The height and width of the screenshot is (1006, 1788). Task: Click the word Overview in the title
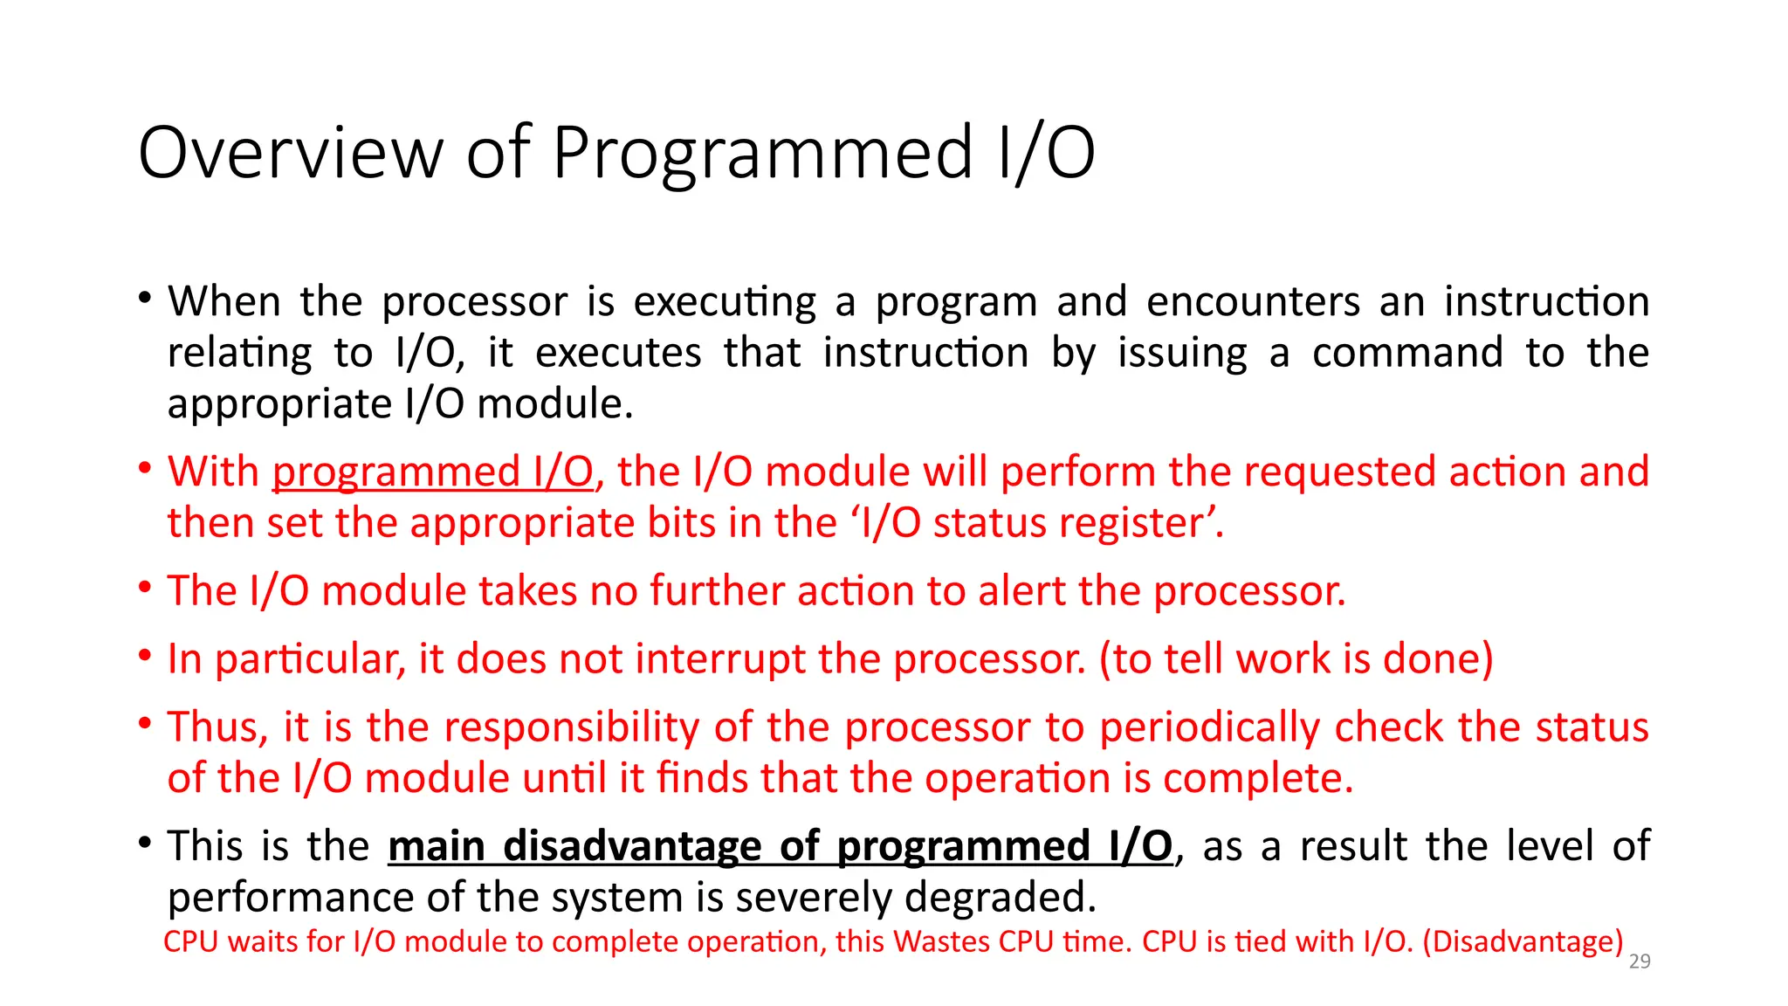coord(291,153)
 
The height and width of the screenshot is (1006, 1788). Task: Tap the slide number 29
coord(1640,961)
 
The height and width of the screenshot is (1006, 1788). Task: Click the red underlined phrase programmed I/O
coord(433,472)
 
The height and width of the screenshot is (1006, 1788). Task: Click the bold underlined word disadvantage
coord(632,846)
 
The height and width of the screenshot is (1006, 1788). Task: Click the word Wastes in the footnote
coord(942,941)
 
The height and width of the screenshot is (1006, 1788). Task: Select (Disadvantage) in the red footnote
coord(1523,942)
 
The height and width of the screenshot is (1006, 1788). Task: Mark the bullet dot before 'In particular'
coord(145,655)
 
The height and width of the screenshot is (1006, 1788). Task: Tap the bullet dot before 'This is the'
coord(145,842)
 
